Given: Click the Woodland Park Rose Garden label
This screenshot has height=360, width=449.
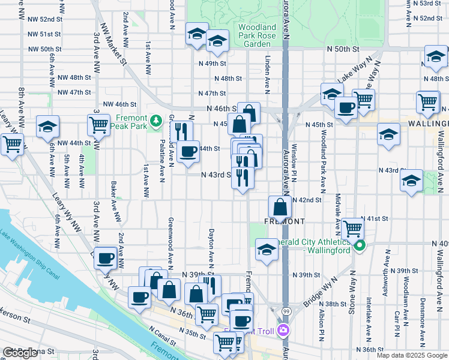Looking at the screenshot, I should [257, 35].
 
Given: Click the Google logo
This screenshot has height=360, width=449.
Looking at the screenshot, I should [20, 353].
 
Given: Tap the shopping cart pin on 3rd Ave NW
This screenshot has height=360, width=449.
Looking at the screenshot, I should [98, 125].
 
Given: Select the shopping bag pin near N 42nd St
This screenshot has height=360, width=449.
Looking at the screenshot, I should [280, 208].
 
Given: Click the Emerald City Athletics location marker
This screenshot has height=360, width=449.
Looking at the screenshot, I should [360, 245].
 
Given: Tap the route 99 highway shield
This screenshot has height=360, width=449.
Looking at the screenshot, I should [285, 311].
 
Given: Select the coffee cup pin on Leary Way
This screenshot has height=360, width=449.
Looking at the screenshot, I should [106, 258].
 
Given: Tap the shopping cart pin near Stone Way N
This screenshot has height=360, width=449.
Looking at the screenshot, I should [354, 228].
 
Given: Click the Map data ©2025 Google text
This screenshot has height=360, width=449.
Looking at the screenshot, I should [411, 355].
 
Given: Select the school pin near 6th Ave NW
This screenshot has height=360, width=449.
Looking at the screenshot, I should [47, 127].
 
